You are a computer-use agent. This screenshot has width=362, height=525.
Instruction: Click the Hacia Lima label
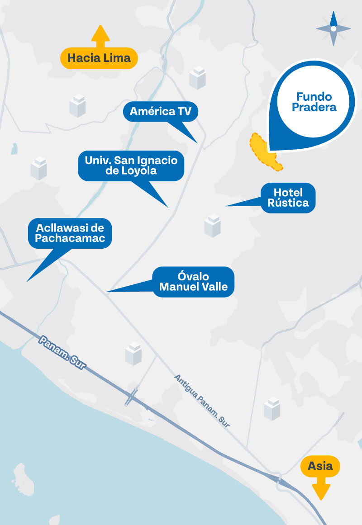click(99, 58)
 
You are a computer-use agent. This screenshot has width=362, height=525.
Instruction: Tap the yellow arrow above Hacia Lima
click(100, 36)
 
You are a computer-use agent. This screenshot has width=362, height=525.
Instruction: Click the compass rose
click(333, 28)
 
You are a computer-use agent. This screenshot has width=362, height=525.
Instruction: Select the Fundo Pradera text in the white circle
click(314, 102)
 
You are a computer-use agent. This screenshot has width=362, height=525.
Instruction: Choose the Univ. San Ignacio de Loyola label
click(131, 166)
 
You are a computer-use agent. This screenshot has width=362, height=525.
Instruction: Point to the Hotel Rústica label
click(288, 198)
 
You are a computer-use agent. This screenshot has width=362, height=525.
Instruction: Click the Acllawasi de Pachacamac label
click(70, 233)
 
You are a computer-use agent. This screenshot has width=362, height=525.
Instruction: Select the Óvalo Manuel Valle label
click(193, 282)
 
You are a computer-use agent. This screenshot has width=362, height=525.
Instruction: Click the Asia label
click(320, 466)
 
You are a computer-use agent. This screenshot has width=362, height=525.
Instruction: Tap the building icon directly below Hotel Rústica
click(212, 225)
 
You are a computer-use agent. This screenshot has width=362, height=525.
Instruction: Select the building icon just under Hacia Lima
click(77, 106)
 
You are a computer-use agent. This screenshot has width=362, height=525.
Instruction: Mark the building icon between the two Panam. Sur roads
click(133, 354)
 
